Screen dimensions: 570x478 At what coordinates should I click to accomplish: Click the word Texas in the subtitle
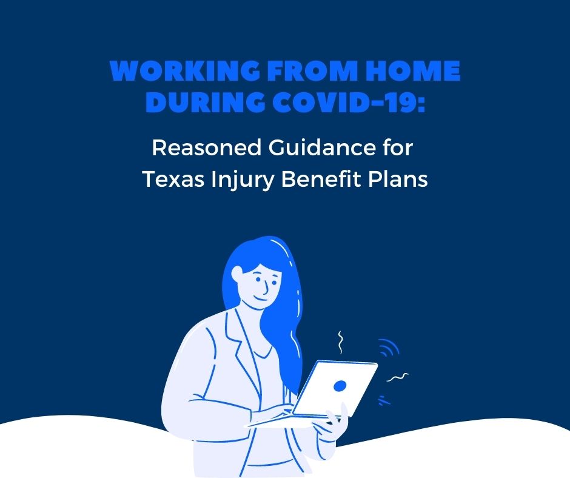pos(173,179)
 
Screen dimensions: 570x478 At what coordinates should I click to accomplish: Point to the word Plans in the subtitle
pos(398,178)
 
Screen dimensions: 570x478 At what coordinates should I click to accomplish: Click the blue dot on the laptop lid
pos(340,386)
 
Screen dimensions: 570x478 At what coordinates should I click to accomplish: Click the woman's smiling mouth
pos(260,298)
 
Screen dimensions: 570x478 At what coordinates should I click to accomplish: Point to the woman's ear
pos(237,274)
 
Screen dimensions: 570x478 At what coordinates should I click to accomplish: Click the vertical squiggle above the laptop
pos(341,342)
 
